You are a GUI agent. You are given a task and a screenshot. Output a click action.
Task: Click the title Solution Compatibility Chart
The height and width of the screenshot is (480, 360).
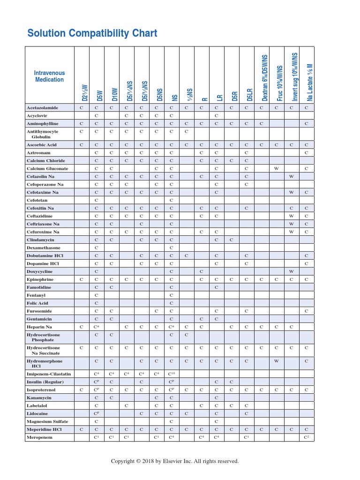tap(92, 33)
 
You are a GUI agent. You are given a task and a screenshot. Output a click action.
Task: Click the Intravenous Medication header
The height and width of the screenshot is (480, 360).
tap(49, 76)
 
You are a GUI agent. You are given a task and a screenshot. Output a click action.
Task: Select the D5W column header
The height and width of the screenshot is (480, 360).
tap(100, 96)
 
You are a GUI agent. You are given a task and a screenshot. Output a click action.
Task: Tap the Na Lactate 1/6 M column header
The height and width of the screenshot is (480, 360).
tap(309, 82)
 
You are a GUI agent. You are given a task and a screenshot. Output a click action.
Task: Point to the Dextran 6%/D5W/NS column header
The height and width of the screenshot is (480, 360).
tap(265, 78)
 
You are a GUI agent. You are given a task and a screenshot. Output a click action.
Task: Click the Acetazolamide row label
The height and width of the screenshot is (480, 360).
tap(43, 108)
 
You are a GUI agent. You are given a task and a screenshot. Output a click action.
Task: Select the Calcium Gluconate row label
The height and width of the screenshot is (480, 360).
tap(47, 168)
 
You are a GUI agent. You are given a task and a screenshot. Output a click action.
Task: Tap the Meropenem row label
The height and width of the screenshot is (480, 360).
tap(39, 437)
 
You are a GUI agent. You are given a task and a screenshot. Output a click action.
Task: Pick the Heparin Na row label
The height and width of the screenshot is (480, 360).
tap(39, 326)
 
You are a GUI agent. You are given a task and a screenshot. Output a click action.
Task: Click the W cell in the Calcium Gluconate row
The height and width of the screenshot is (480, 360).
tap(277, 168)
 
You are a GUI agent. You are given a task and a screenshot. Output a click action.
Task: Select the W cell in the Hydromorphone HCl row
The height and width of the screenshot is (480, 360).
tap(277, 361)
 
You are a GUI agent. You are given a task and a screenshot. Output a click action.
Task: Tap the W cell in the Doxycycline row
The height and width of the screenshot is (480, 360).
tap(292, 271)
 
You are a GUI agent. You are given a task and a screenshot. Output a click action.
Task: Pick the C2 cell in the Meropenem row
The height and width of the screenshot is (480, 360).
tap(307, 437)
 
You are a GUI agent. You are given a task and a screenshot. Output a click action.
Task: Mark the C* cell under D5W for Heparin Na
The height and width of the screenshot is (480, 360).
tap(97, 326)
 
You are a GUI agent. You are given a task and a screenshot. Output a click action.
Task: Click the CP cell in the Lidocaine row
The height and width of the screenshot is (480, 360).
tap(97, 413)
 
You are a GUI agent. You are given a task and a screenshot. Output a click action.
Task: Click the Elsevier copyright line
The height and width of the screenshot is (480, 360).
tap(175, 461)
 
